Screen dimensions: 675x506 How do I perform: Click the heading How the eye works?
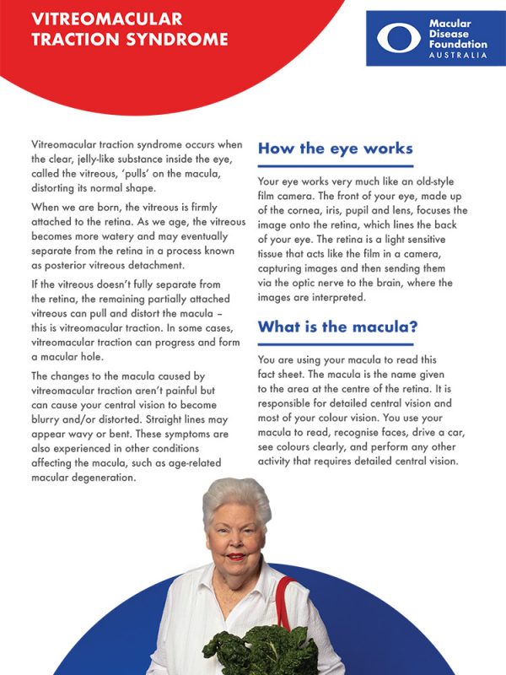pyautogui.click(x=335, y=148)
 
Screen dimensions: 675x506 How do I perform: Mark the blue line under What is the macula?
pyautogui.click(x=335, y=343)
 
